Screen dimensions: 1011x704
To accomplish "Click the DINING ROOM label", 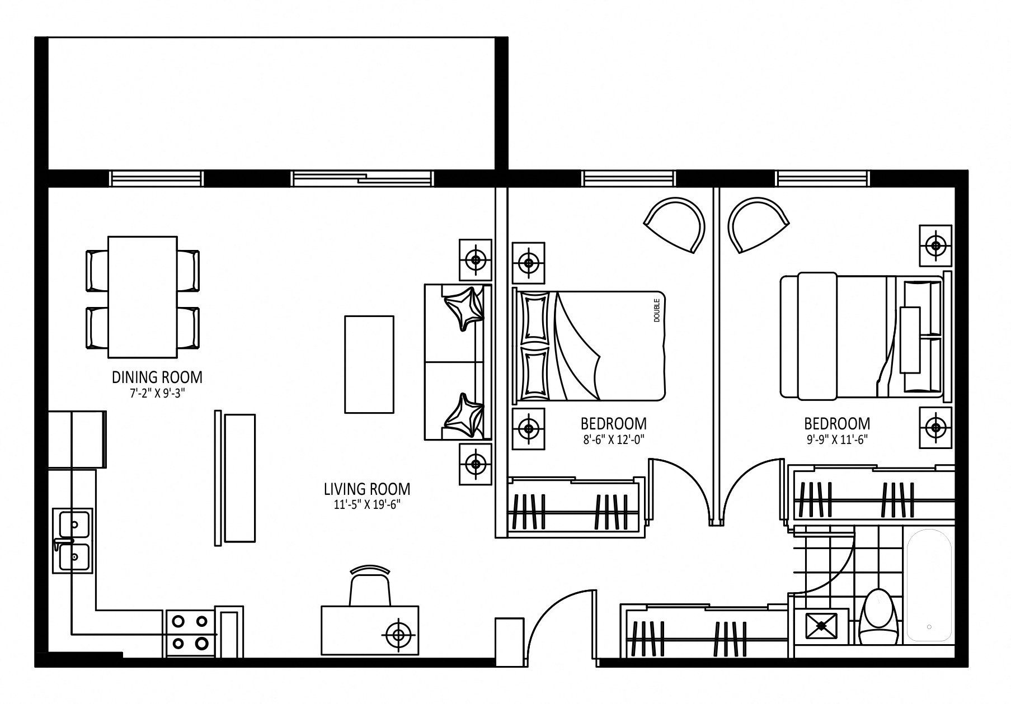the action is tap(157, 377).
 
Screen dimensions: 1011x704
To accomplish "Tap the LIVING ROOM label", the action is tap(367, 489).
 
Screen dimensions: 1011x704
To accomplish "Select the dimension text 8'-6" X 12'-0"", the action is tap(613, 440).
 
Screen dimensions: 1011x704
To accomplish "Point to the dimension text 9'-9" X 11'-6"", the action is tap(837, 440).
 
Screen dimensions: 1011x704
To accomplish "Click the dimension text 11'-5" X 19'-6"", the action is tap(367, 505).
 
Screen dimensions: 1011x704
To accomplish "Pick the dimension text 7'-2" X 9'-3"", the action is tap(157, 393).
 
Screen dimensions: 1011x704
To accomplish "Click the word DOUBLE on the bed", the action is tap(656, 310).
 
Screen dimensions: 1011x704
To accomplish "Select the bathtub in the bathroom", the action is tap(929, 584).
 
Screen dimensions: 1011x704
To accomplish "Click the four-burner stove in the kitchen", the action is tap(190, 631).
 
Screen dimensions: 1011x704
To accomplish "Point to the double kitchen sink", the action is tap(73, 540).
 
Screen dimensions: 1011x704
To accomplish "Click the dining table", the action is tap(143, 297).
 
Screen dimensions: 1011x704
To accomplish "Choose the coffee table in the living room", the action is tap(369, 365).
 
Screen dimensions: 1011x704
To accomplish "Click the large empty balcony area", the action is tap(271, 103).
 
